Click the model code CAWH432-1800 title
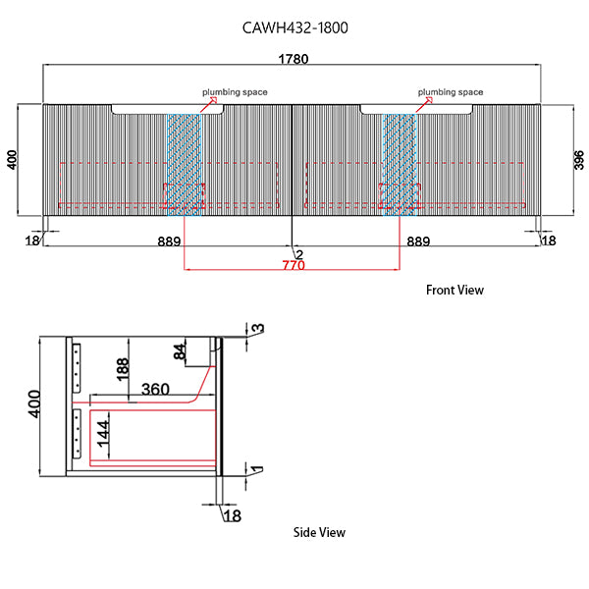coord(294,27)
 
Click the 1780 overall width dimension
coord(294,59)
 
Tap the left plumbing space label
coord(235,92)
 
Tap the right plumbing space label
coord(450,92)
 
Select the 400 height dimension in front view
coord(13,158)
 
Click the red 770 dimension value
coord(292,265)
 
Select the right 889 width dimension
coord(415,241)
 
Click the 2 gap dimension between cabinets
coord(299,255)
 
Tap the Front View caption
coord(455,290)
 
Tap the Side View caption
coord(319,532)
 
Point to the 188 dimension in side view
coord(123,368)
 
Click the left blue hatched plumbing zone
coord(183,162)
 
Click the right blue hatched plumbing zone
coord(400,162)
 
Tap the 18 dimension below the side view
coord(231,515)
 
